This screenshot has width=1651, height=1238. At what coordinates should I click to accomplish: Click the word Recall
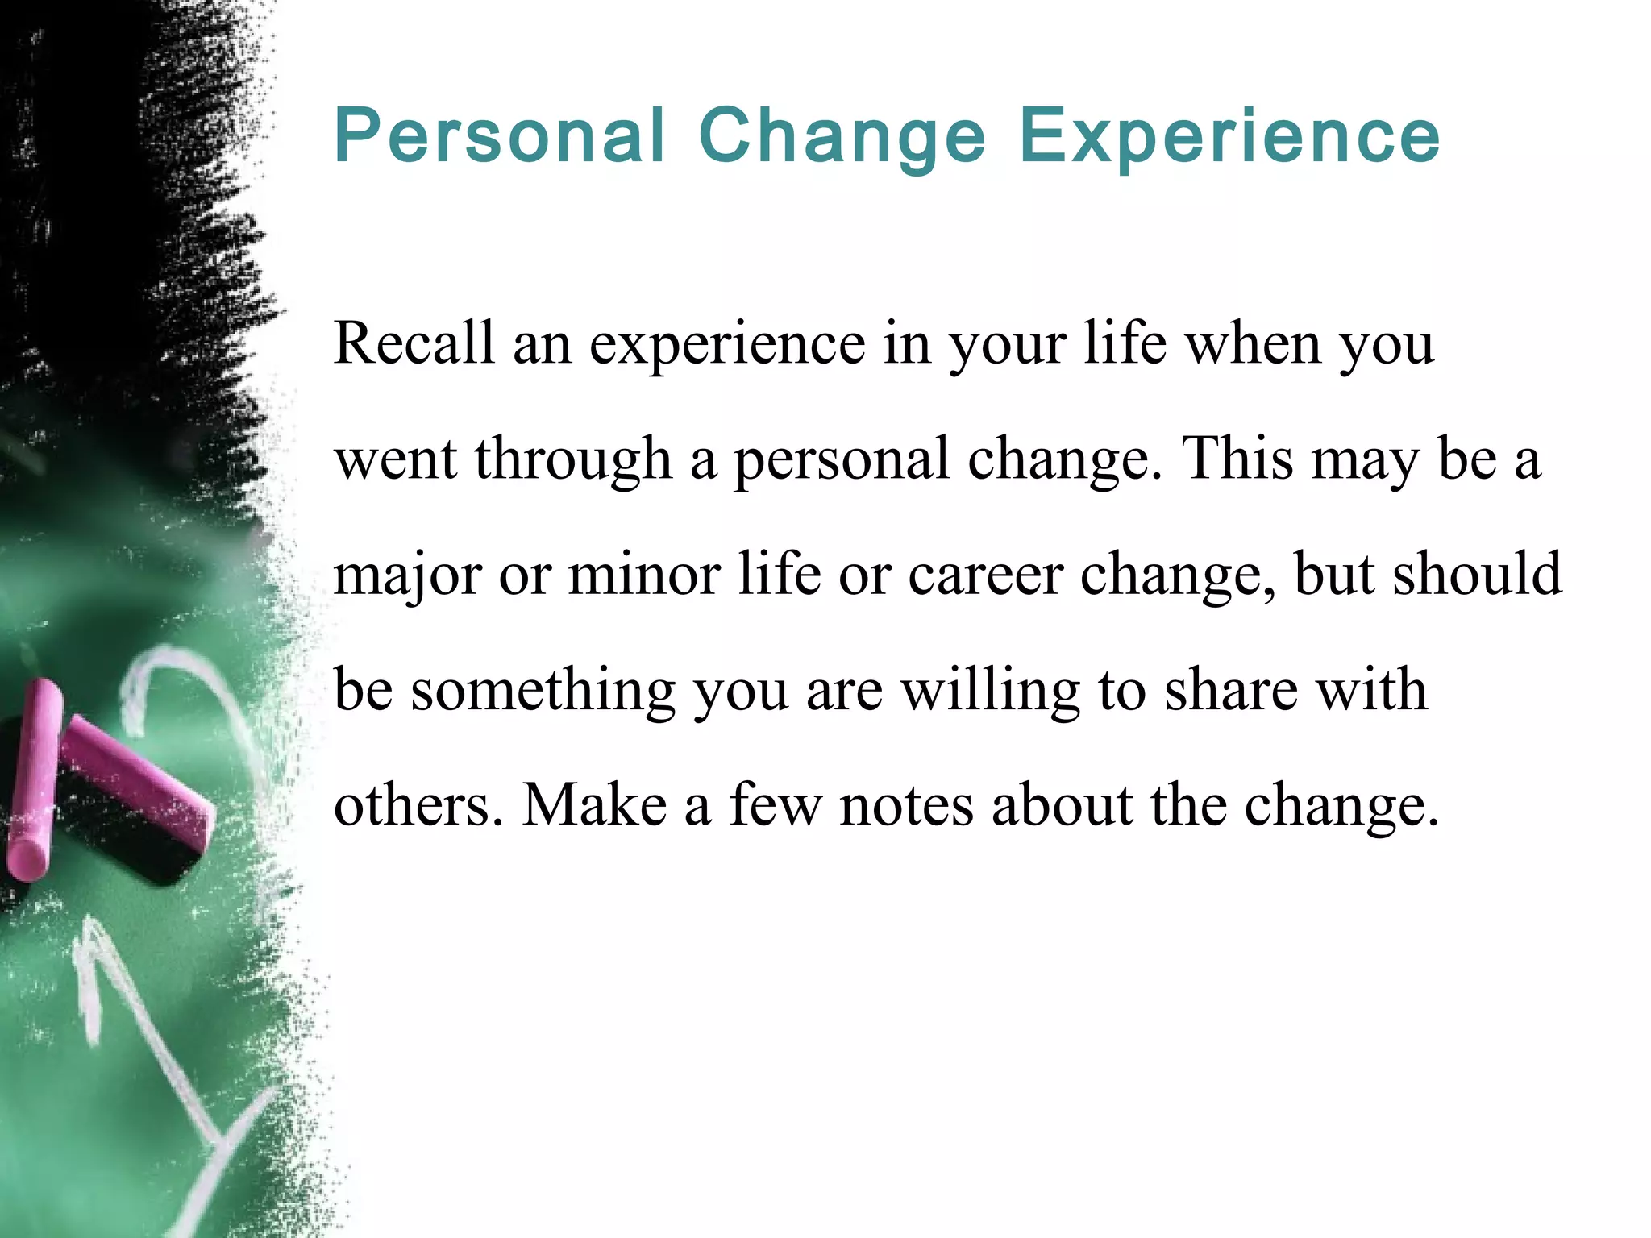pos(414,343)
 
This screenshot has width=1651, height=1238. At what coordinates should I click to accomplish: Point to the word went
pos(395,460)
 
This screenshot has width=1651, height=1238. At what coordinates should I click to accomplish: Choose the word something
pos(543,692)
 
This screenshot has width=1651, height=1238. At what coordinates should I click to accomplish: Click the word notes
pos(906,807)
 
